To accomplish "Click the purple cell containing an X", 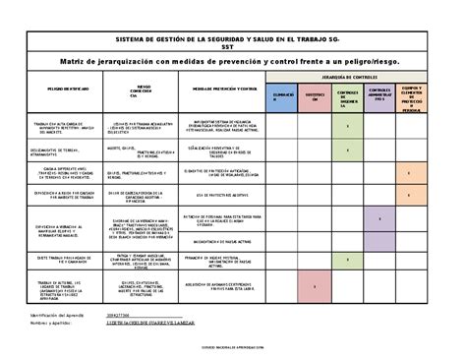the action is click(x=381, y=216).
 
